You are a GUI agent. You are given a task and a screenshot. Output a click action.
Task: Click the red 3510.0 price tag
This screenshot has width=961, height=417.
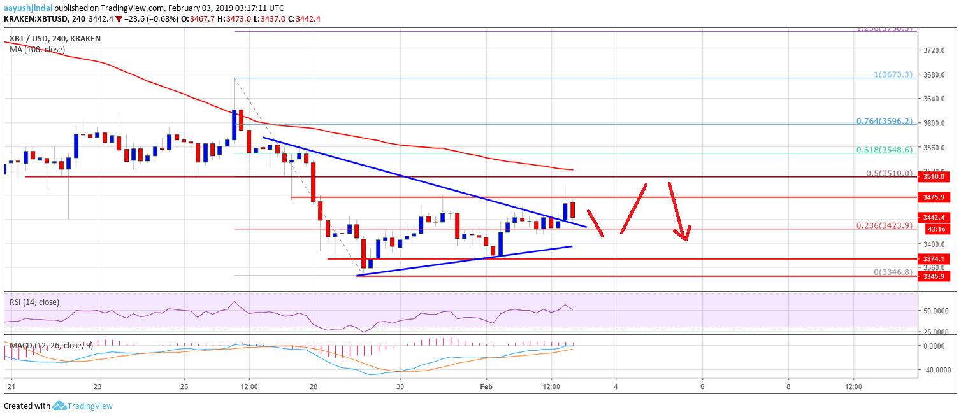[936, 178]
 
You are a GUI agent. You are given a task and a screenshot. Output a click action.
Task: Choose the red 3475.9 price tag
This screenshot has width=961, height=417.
[936, 197]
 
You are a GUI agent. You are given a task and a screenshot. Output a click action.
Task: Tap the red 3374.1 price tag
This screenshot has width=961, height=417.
[936, 259]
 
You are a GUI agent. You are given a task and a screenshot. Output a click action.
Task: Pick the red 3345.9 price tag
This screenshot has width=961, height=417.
[936, 276]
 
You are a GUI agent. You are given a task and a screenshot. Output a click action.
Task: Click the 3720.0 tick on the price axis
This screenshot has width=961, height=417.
[935, 50]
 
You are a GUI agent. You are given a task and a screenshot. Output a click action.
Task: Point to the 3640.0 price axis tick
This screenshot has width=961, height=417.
[935, 99]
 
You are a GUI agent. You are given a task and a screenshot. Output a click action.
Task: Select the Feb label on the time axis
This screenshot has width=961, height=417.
[486, 386]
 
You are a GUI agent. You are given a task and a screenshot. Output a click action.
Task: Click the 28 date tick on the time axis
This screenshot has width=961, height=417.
[314, 386]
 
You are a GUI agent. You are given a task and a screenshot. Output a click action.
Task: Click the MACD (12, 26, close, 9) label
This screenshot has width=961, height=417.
[48, 346]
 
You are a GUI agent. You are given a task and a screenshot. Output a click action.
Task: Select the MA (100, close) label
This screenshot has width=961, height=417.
[37, 50]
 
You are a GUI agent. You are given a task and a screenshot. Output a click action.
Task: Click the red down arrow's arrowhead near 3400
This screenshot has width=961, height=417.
[684, 237]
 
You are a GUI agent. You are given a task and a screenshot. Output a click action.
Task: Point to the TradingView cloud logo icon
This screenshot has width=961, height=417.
[60, 406]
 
